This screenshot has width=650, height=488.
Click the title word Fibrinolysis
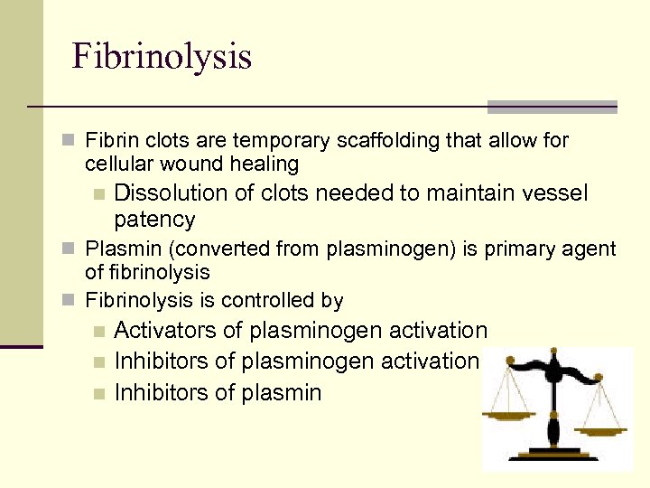pyautogui.click(x=162, y=56)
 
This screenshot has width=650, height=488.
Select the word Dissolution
pyautogui.click(x=170, y=193)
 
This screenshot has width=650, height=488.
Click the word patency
pyautogui.click(x=154, y=220)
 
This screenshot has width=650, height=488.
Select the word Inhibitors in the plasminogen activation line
pyautogui.click(x=162, y=361)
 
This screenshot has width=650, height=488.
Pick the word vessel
pyautogui.click(x=553, y=193)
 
